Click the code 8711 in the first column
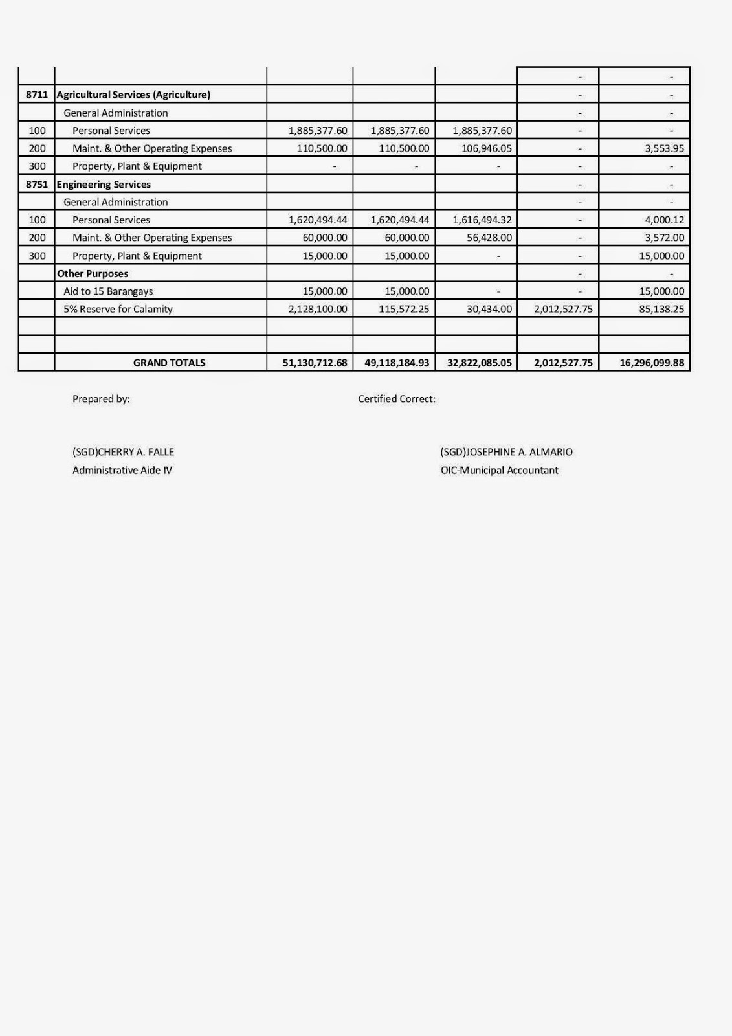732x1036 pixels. (x=37, y=95)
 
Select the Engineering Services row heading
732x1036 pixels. (x=104, y=185)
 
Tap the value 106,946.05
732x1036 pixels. (x=482, y=148)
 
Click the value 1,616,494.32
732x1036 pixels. (x=482, y=220)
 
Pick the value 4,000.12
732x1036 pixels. (x=664, y=220)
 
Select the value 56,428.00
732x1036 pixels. (x=489, y=238)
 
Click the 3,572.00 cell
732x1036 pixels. (x=664, y=238)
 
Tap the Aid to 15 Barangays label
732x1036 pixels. (x=108, y=291)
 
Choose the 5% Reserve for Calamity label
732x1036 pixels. (x=118, y=309)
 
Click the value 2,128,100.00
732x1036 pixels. (x=318, y=309)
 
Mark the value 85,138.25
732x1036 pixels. (x=661, y=309)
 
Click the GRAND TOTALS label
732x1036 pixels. (x=169, y=363)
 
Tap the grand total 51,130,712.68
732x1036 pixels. (x=315, y=363)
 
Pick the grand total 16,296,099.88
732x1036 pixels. (x=651, y=363)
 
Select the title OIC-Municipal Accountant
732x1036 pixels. (x=499, y=471)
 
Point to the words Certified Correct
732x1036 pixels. (x=397, y=399)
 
